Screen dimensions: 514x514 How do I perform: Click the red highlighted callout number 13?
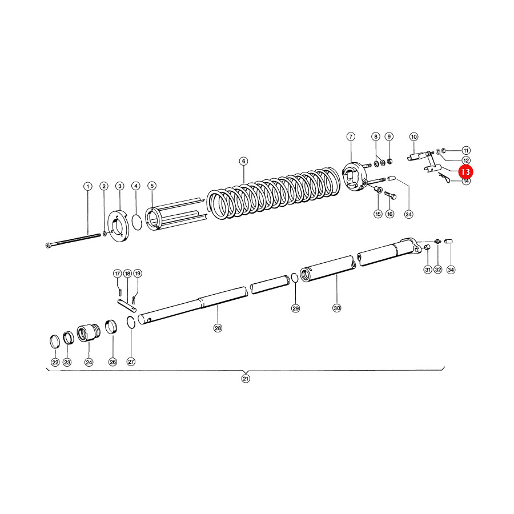tap(465, 172)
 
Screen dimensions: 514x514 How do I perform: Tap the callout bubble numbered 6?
tap(243, 161)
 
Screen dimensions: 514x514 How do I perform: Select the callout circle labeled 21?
tap(246, 379)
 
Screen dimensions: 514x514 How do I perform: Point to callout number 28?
tap(218, 328)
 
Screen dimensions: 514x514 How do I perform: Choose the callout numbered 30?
tap(337, 308)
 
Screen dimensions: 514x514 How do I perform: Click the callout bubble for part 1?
tap(87, 187)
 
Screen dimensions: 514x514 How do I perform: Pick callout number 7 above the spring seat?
tap(351, 136)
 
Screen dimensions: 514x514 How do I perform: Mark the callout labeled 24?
tap(89, 362)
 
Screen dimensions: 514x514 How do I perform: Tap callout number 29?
tap(296, 308)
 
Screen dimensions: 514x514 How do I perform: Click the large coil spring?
tap(274, 194)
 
